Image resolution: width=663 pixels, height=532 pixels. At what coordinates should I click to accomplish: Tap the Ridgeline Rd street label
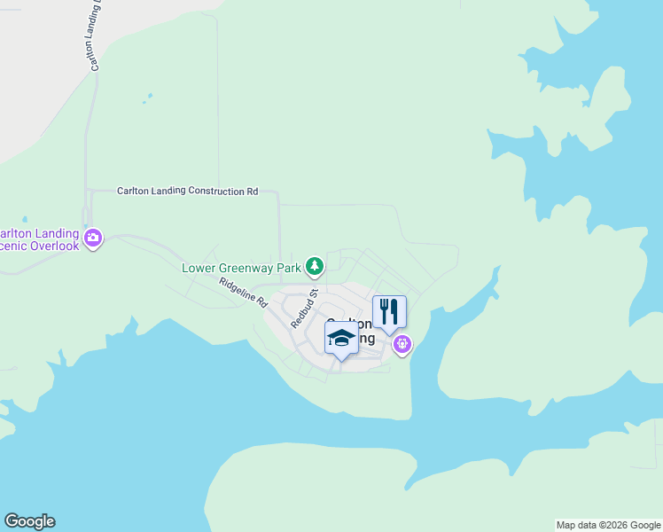(x=243, y=292)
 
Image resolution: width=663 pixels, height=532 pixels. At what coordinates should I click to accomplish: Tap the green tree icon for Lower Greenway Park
(x=314, y=265)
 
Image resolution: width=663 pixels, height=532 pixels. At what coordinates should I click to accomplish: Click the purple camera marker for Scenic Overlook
(x=93, y=237)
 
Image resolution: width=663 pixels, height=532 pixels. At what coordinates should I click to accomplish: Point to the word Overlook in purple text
(x=53, y=246)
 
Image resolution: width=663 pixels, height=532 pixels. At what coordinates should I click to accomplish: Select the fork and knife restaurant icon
(x=389, y=312)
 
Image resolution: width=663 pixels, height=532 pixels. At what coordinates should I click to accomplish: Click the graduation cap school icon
(x=342, y=338)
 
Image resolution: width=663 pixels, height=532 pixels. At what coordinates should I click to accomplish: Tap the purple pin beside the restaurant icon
(x=402, y=342)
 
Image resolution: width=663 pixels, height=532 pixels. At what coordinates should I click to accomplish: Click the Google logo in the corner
(x=29, y=521)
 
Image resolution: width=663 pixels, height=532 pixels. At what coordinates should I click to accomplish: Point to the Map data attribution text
(x=608, y=525)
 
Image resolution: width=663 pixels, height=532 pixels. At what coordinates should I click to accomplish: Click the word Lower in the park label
(x=199, y=267)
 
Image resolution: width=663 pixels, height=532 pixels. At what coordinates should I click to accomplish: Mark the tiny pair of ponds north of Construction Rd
(x=146, y=97)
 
